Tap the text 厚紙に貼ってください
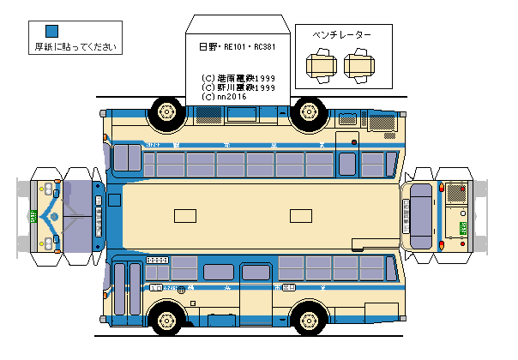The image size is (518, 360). (x=69, y=47)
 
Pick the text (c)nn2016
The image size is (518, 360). (x=225, y=97)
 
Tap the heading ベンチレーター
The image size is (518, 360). (x=342, y=35)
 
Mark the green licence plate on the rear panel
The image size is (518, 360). (x=463, y=227)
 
